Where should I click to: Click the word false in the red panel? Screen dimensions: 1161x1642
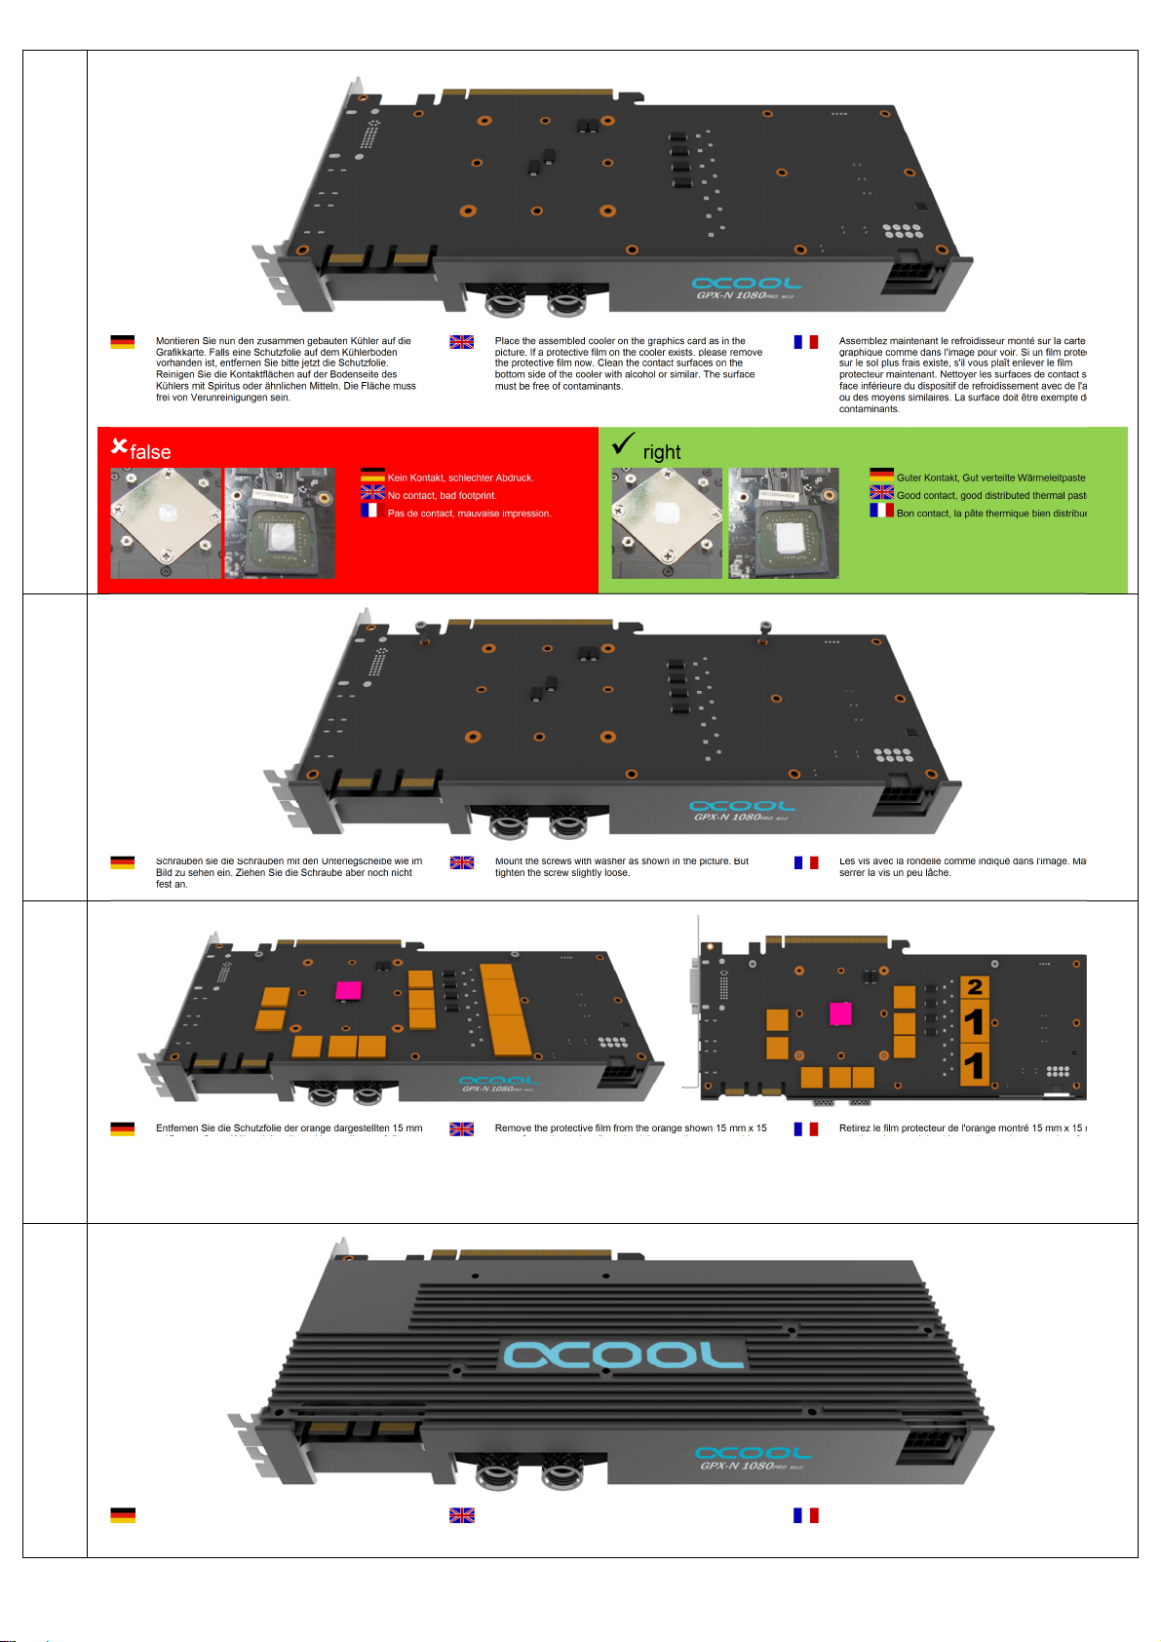(150, 452)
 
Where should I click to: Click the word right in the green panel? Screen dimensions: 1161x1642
(662, 452)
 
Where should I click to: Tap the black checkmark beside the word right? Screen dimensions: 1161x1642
(623, 444)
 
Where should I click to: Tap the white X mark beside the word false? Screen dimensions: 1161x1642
(119, 446)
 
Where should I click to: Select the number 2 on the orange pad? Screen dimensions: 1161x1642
(975, 987)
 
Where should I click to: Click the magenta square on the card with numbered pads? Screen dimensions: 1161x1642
(840, 1013)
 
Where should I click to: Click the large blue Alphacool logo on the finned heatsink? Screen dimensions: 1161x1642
(624, 1355)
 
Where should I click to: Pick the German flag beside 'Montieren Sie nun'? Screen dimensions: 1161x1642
(123, 342)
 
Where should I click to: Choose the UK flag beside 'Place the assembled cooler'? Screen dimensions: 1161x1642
(461, 342)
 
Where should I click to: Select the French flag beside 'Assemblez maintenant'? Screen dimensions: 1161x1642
(805, 342)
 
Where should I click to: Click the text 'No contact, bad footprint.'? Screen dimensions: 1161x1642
(442, 496)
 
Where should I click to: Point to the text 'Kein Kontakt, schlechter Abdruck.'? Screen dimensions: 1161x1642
(460, 477)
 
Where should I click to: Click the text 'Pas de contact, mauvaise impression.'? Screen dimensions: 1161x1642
(469, 514)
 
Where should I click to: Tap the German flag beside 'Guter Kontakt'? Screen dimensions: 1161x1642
(881, 476)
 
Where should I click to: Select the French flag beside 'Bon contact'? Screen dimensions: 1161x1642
(881, 511)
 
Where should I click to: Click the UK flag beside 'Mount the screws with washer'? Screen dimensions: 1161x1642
(461, 862)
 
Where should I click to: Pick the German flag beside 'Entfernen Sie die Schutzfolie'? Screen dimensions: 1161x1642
(123, 1128)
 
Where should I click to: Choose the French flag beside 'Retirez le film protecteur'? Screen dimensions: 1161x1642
(805, 1128)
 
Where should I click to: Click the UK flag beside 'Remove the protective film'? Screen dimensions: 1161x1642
(461, 1128)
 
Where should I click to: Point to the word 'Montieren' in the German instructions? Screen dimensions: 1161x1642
(177, 341)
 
